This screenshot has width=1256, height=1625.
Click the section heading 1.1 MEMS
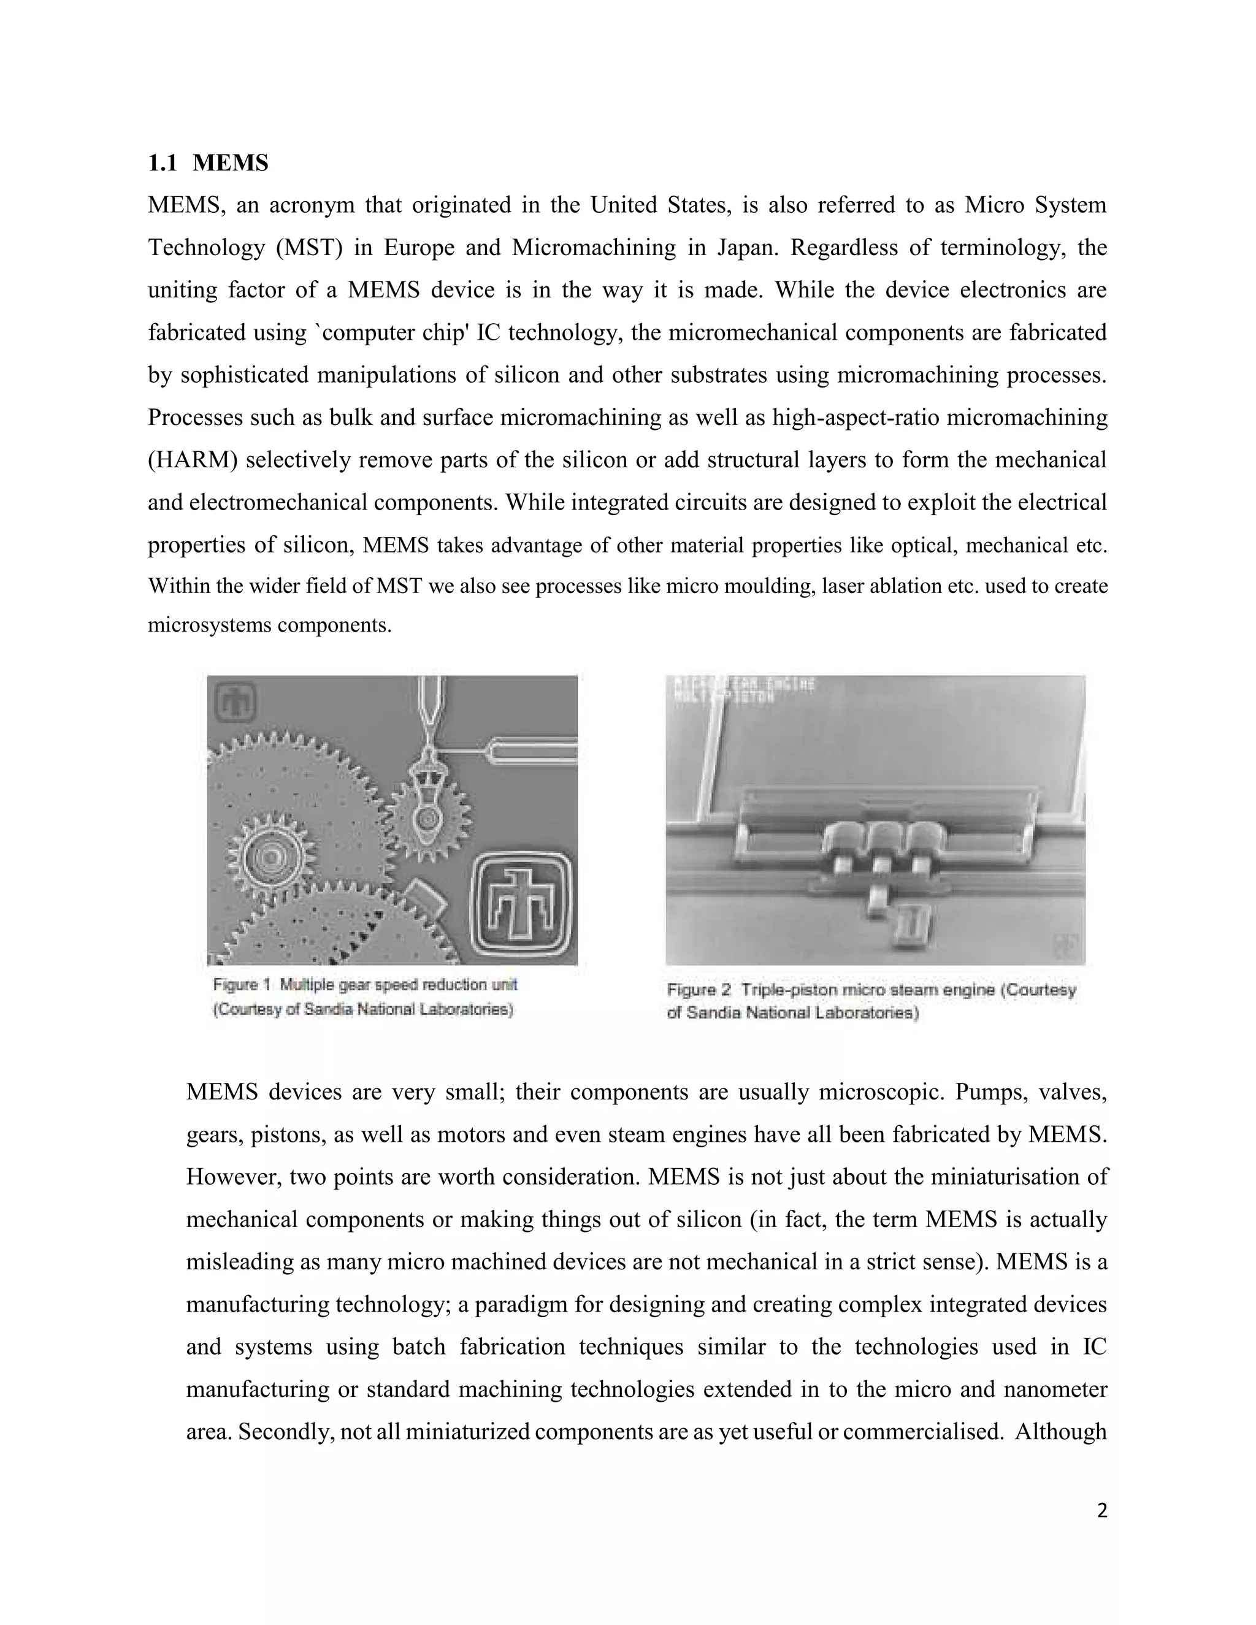[x=208, y=163]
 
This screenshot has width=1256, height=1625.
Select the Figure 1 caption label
[x=245, y=985]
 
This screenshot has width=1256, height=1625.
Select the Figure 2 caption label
[x=699, y=990]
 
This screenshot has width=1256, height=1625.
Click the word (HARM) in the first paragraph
[x=192, y=460]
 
